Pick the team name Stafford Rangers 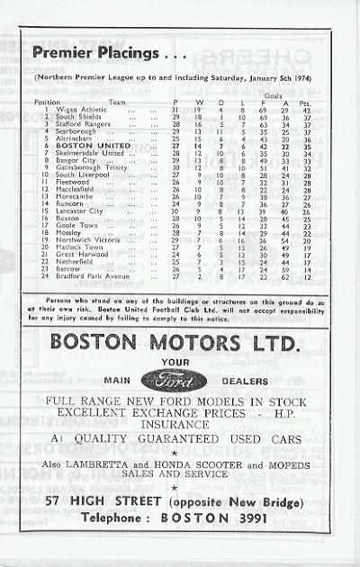[80, 123]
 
